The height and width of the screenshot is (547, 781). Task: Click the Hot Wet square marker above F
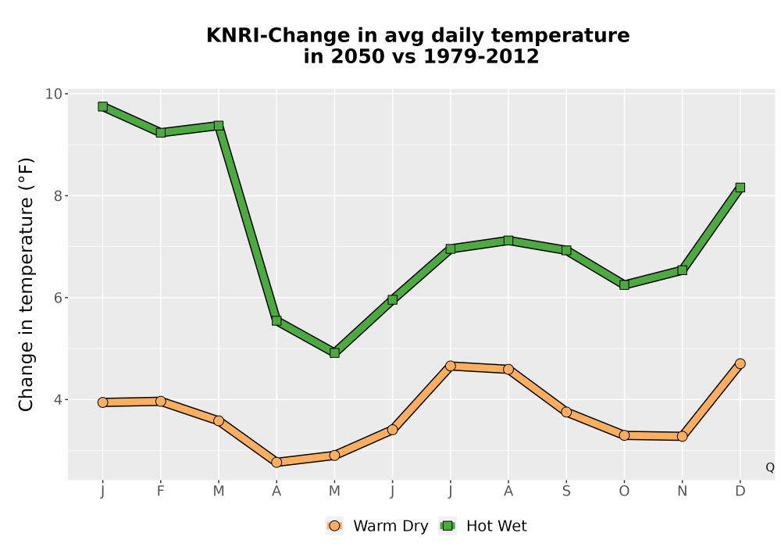tap(160, 133)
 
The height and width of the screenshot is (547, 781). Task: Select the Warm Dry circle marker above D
tap(740, 363)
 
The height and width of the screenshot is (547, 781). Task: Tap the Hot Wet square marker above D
tap(740, 188)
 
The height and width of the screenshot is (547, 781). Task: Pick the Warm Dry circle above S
tap(566, 412)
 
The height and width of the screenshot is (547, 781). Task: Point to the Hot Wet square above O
tap(624, 285)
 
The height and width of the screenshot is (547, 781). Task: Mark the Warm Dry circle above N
tap(683, 436)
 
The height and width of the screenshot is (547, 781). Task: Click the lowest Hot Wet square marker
tap(335, 352)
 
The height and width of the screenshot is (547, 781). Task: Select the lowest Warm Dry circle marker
tap(276, 463)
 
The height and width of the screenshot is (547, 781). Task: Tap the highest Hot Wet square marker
tap(102, 106)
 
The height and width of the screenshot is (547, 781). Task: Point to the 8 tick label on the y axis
tap(59, 196)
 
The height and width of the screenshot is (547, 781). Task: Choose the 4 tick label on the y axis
tap(59, 399)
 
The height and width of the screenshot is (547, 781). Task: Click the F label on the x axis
tap(160, 492)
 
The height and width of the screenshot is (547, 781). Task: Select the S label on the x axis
tap(566, 492)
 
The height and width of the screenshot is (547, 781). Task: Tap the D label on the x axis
tap(740, 492)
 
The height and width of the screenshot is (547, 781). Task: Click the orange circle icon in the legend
tap(335, 526)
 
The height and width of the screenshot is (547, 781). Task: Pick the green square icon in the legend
tap(448, 526)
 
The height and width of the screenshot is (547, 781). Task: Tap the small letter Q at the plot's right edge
tap(770, 467)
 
